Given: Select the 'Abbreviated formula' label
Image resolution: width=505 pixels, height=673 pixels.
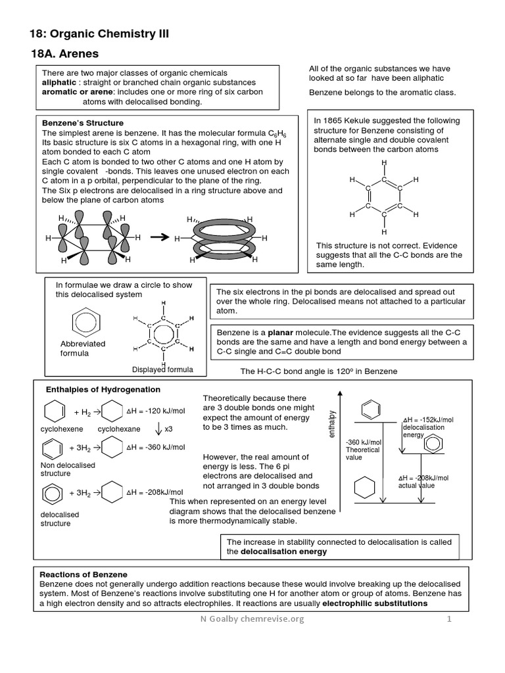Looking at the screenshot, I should [82, 348].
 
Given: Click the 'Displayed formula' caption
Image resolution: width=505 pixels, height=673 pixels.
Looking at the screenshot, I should [162, 369].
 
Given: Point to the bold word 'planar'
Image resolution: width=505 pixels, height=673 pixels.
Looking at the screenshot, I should [280, 333].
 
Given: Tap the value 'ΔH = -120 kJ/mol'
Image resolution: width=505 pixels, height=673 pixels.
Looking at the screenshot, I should [155, 411].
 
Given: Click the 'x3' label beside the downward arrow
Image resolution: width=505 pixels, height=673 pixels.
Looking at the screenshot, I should [168, 429].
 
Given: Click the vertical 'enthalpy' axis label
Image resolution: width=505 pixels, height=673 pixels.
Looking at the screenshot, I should [331, 425].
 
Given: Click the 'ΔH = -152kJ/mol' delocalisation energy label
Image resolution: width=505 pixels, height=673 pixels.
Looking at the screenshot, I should [428, 420].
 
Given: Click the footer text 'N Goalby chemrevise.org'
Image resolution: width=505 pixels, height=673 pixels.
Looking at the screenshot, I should [252, 620].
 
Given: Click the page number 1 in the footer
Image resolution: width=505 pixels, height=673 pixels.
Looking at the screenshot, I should [450, 620].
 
